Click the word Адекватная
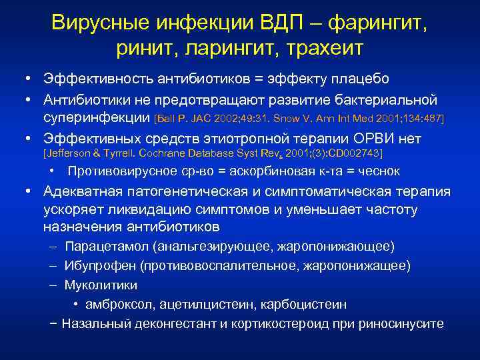(x=83, y=192)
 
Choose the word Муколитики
(x=101, y=285)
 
